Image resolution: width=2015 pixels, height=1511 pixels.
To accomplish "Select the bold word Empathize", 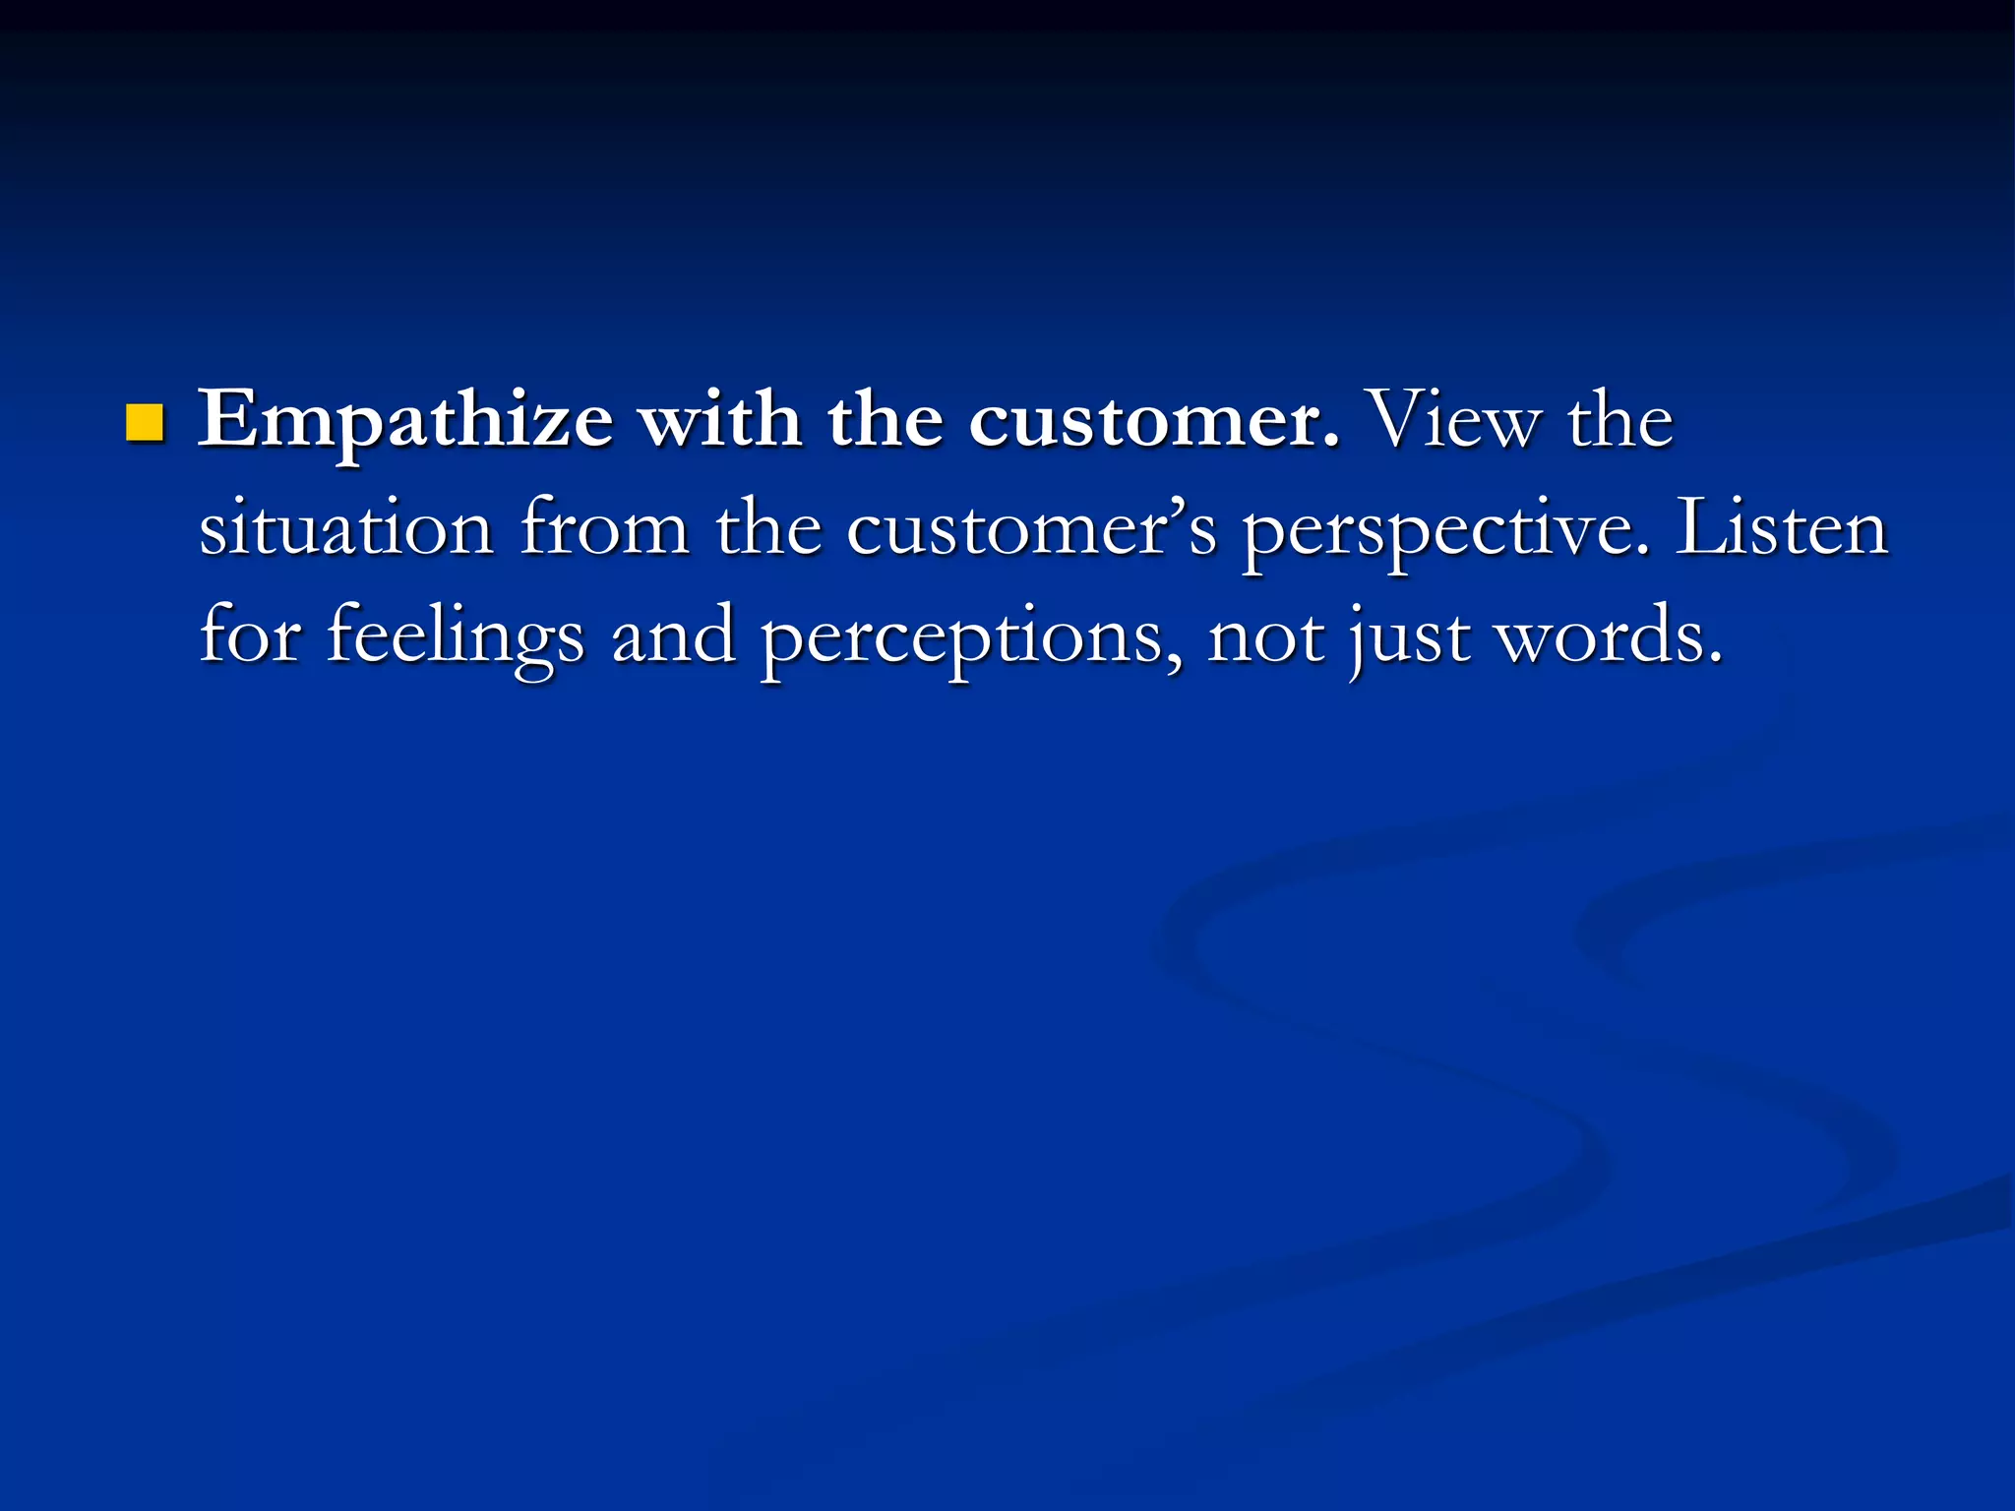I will pyautogui.click(x=405, y=421).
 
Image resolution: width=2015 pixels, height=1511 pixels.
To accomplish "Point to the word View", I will pyautogui.click(x=1452, y=421).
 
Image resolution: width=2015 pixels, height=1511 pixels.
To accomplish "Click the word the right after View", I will pyautogui.click(x=1619, y=421).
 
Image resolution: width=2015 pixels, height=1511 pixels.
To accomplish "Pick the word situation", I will pyautogui.click(x=346, y=529).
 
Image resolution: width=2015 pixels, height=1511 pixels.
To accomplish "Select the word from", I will pyautogui.click(x=604, y=529).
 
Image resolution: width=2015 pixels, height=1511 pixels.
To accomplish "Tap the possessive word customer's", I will pyautogui.click(x=1031, y=529).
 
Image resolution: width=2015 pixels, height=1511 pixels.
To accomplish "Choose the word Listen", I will pyautogui.click(x=1781, y=529).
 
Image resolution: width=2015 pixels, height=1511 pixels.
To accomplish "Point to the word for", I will pyautogui.click(x=250, y=635).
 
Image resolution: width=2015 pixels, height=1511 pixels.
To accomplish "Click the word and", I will pyautogui.click(x=673, y=635).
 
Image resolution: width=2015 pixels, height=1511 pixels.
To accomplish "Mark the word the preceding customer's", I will pyautogui.click(x=767, y=529).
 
